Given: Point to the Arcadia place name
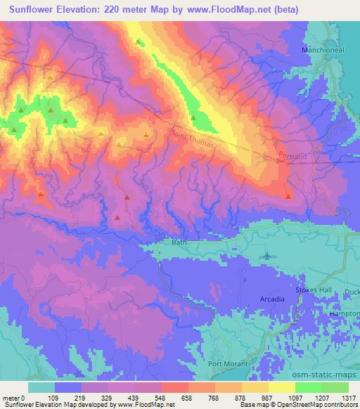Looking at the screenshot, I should (x=272, y=299).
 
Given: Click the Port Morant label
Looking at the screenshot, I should (x=230, y=363).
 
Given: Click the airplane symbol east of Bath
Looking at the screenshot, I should (x=268, y=256).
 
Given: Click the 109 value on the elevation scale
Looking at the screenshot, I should (x=52, y=398).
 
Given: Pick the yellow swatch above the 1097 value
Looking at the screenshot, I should (x=281, y=387).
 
